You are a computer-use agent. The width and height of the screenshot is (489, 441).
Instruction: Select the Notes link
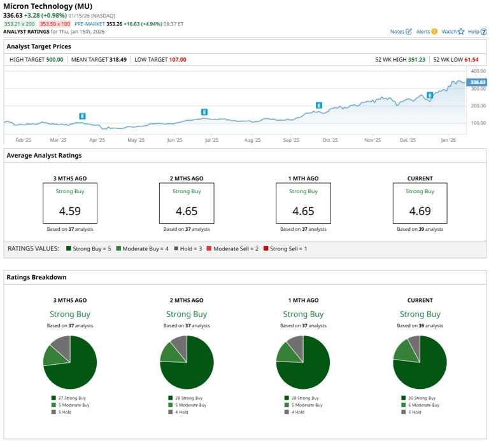pyautogui.click(x=398, y=31)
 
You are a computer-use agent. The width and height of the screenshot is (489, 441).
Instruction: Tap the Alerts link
pyautogui.click(x=423, y=31)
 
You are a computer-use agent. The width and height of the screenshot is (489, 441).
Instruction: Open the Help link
pyautogui.click(x=473, y=31)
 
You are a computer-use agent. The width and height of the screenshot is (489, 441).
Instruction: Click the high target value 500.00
pyautogui.click(x=55, y=60)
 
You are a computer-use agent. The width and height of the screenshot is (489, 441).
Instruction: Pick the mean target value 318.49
pyautogui.click(x=115, y=60)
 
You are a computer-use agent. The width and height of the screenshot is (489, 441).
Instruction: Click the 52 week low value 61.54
pyautogui.click(x=471, y=60)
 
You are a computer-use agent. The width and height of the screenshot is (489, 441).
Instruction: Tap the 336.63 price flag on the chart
pyautogui.click(x=477, y=82)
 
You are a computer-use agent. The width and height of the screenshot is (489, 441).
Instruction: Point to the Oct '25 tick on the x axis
pyautogui.click(x=330, y=140)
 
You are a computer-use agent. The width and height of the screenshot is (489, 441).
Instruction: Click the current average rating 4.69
pyautogui.click(x=420, y=211)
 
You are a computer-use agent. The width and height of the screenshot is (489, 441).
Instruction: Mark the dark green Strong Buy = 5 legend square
pyautogui.click(x=68, y=248)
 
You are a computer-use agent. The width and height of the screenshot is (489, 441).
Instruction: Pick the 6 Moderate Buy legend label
pyautogui.click(x=425, y=405)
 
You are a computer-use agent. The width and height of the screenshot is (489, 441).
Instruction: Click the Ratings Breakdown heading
pyautogui.click(x=36, y=277)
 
